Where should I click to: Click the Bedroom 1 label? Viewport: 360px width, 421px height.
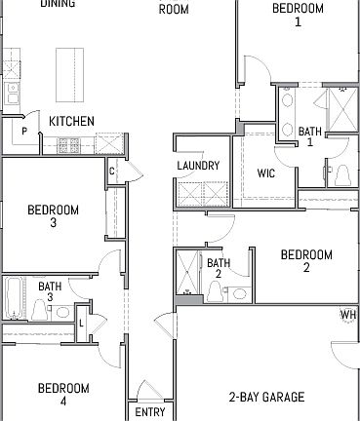tap(298, 15)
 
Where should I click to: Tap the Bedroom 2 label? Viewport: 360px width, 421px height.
tap(306, 261)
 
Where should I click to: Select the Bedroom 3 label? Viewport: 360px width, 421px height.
tap(53, 215)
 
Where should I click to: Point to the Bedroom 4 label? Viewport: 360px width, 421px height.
tap(63, 394)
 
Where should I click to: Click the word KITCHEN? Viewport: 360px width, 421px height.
tap(72, 121)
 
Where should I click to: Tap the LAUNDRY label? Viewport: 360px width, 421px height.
tap(198, 166)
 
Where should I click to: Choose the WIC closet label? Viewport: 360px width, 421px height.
tap(267, 172)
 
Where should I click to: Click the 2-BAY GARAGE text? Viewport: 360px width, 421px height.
tap(266, 398)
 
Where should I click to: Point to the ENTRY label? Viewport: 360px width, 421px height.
tap(149, 412)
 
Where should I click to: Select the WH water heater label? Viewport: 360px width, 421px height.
tap(347, 315)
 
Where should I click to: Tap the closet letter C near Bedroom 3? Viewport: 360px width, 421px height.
tap(112, 172)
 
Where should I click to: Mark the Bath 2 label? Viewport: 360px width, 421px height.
tap(219, 268)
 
